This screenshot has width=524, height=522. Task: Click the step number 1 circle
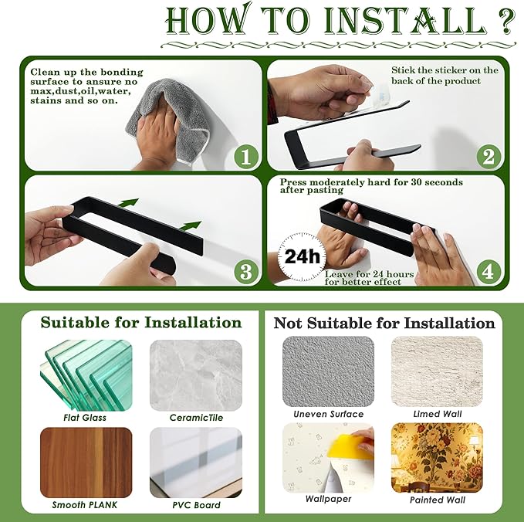(246, 157)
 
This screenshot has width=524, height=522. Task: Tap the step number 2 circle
(489, 157)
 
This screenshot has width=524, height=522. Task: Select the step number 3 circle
(246, 271)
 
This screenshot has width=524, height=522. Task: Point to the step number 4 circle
(489, 271)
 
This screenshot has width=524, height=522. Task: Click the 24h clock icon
(302, 257)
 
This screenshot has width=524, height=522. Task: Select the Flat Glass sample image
(86, 375)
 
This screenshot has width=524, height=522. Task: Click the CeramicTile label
(196, 418)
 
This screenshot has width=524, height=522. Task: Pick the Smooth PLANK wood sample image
(86, 463)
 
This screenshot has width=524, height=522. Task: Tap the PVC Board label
(196, 505)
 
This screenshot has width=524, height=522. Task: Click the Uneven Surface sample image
(328, 371)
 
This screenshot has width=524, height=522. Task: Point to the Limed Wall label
(438, 414)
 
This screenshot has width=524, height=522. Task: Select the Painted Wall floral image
(437, 458)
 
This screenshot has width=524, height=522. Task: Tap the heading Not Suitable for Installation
(384, 324)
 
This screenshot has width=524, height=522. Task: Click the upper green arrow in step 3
(127, 202)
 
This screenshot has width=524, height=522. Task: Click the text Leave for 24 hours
(370, 274)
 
